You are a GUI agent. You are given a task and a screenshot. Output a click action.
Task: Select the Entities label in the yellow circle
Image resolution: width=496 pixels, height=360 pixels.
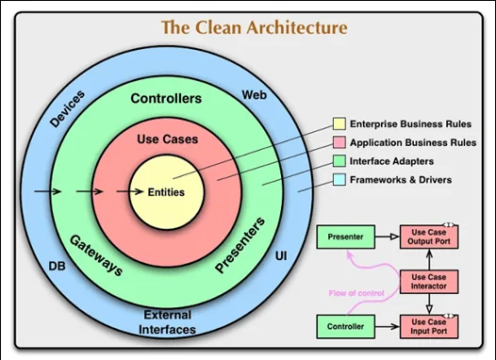point(166,192)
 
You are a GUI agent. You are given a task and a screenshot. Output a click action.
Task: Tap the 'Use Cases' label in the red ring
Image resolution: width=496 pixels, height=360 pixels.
point(166,139)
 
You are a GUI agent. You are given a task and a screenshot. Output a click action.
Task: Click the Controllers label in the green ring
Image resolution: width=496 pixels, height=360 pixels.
point(166,98)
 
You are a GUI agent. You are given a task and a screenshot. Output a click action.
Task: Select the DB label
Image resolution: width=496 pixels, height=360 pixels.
point(58,267)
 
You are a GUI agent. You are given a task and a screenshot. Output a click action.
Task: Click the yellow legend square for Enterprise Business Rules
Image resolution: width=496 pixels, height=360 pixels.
point(339,125)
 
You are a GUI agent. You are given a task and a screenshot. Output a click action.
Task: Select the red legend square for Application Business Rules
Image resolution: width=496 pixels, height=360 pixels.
point(339,143)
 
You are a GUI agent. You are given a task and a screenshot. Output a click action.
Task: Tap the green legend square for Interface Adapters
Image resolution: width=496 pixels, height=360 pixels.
point(339,161)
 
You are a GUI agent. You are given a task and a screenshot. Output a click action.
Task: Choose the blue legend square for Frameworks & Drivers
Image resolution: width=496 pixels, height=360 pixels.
point(339,179)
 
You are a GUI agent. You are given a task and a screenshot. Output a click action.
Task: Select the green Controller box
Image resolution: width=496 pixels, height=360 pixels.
point(346,327)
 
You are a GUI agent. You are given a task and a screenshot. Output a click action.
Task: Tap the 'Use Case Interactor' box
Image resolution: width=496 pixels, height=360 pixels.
point(430,280)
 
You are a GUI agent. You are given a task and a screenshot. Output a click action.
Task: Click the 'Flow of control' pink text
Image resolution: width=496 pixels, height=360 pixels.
point(356,292)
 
